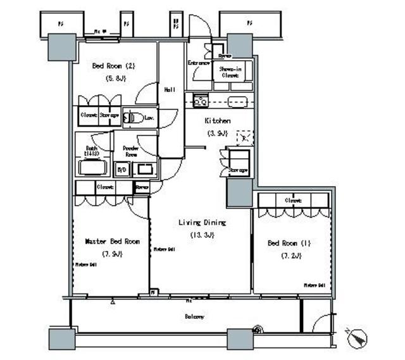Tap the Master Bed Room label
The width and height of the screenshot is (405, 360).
click(x=112, y=241)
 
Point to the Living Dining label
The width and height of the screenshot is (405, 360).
click(x=202, y=223)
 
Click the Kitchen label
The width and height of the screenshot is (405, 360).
click(x=216, y=120)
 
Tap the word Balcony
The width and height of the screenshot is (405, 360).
click(x=194, y=316)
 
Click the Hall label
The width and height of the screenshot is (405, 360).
click(x=170, y=90)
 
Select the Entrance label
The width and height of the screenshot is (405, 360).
click(x=199, y=63)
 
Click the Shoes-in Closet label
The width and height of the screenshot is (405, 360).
click(x=230, y=71)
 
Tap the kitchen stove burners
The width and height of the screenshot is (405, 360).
click(x=201, y=101)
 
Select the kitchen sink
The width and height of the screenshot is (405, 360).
click(x=237, y=101)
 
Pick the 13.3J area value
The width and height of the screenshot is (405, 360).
click(x=202, y=235)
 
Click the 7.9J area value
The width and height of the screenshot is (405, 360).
click(x=112, y=254)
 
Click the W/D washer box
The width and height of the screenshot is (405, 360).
click(x=121, y=170)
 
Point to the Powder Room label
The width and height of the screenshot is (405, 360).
click(x=130, y=151)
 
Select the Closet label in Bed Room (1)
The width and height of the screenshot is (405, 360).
click(x=292, y=200)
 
